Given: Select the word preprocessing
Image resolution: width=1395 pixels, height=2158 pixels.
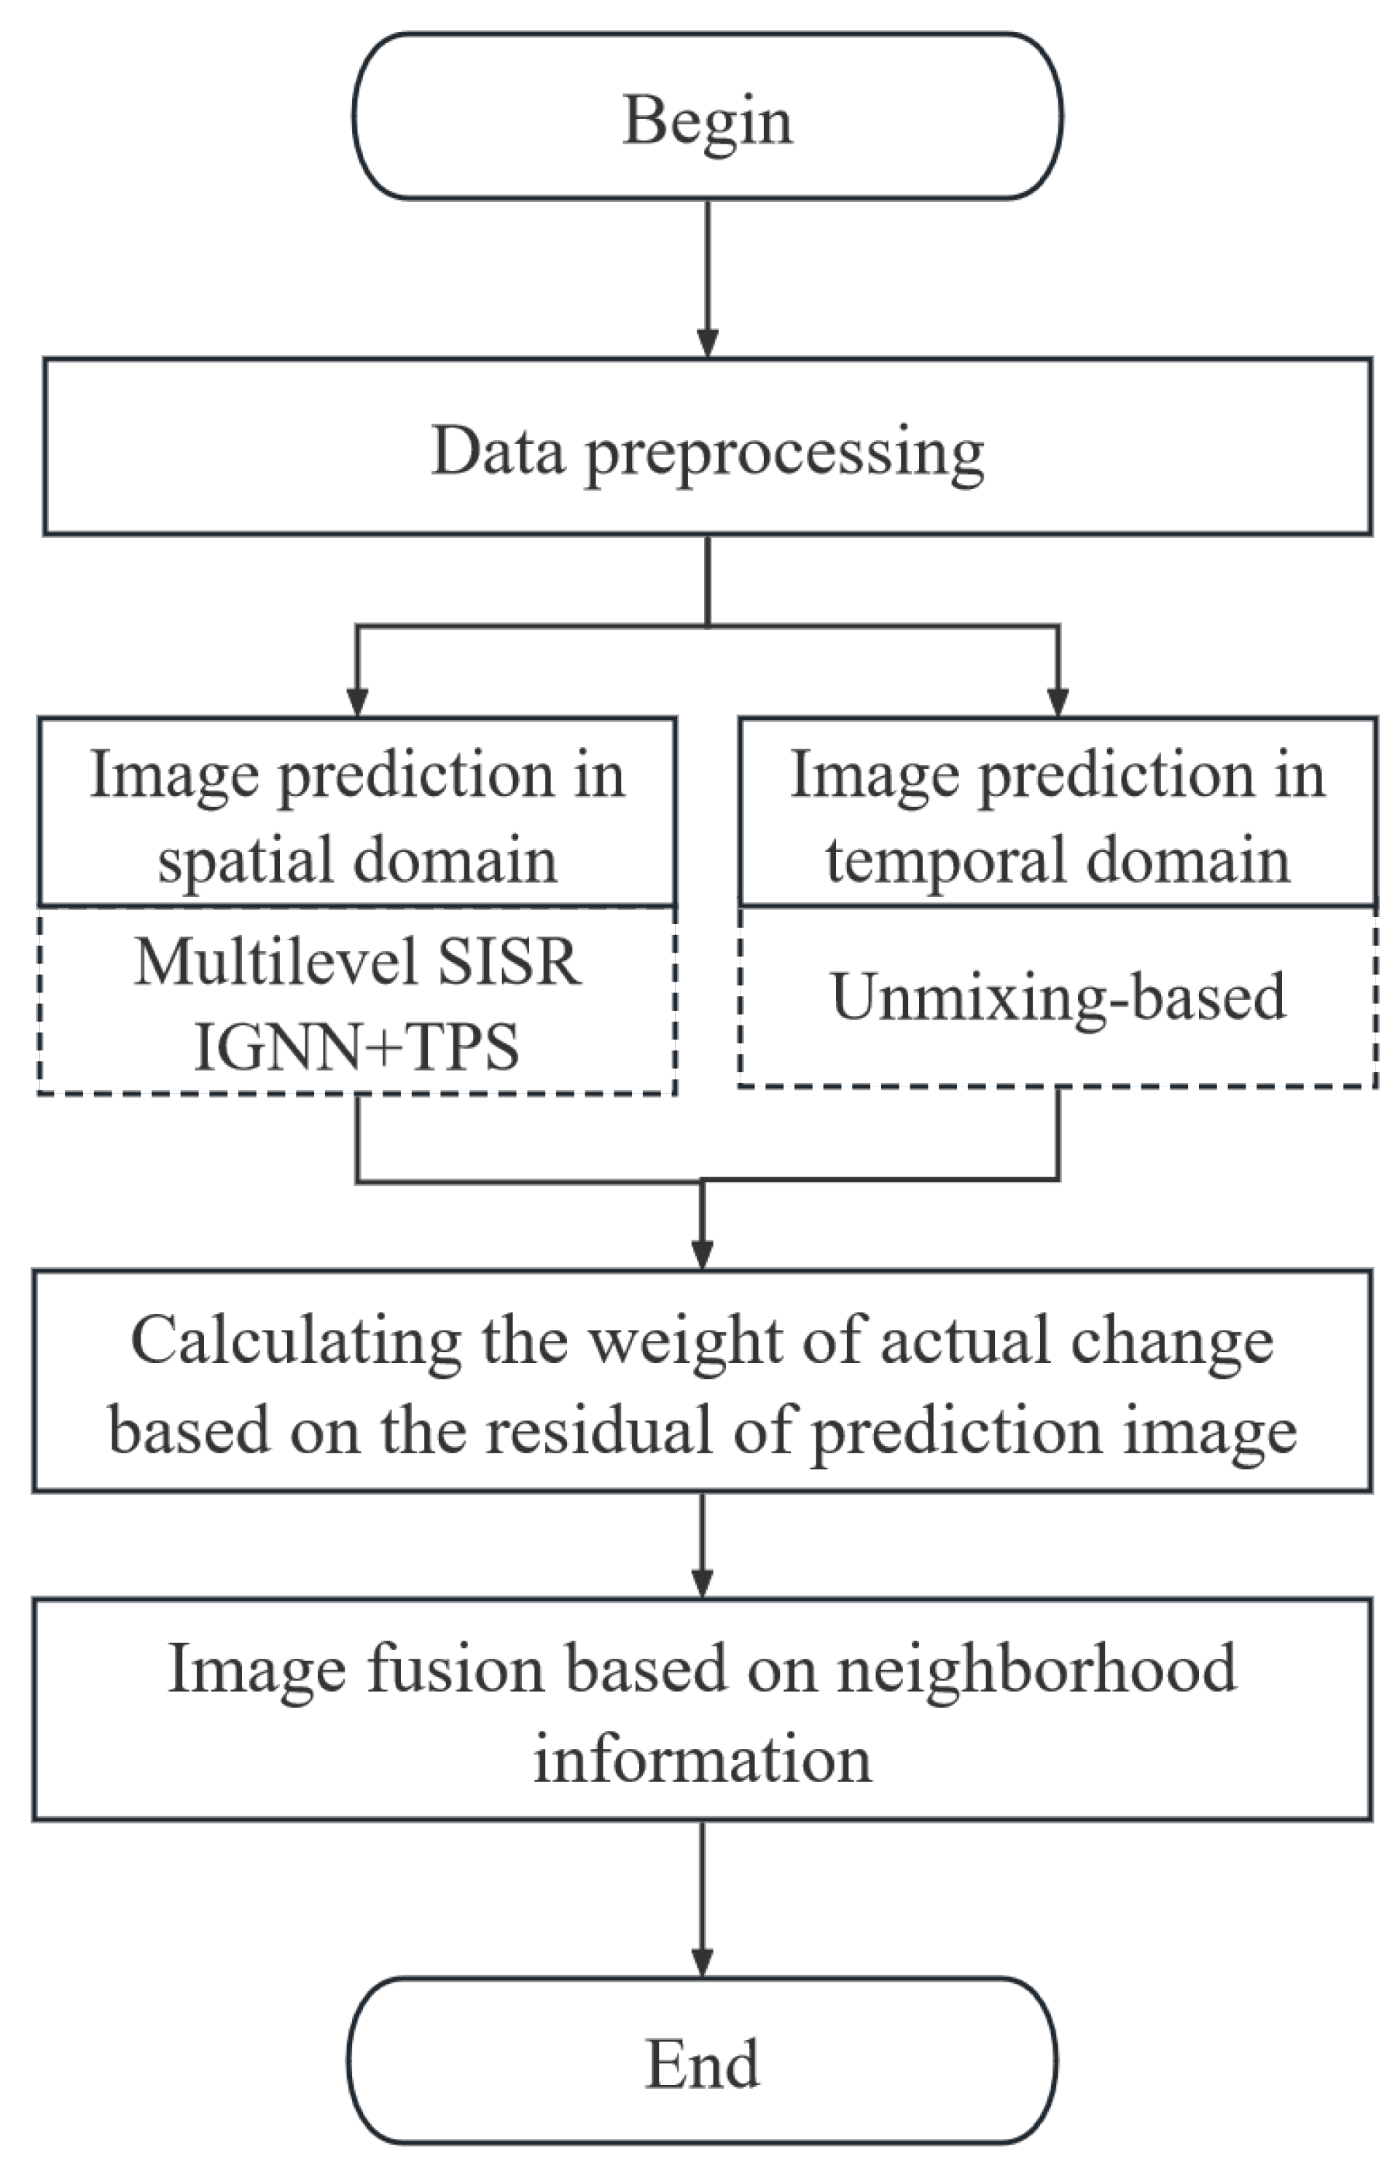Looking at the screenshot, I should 784,453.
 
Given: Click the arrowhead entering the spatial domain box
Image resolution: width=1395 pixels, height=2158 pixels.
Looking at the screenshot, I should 358,703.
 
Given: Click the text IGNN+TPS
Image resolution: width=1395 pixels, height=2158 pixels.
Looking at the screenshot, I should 357,1048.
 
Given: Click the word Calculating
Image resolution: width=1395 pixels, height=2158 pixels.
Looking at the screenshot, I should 296,1341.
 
